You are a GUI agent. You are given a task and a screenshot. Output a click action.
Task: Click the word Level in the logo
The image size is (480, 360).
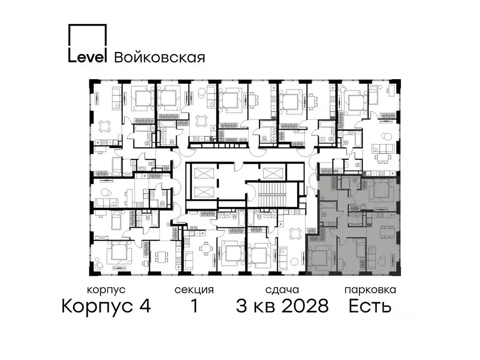click(89, 56)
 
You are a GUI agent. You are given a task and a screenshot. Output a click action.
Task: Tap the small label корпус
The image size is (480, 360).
click(106, 290)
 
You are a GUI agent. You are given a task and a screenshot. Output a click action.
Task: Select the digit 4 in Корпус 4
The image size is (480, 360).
click(144, 307)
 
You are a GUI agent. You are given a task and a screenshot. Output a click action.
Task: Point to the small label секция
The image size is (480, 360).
click(194, 290)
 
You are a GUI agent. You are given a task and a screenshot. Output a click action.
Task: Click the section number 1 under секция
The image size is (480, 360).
click(193, 307)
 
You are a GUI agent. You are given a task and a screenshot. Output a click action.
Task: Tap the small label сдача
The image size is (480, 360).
click(281, 290)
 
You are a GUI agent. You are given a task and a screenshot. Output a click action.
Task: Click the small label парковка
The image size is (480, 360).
click(370, 290)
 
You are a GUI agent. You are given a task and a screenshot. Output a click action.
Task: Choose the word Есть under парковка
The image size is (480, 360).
click(370, 307)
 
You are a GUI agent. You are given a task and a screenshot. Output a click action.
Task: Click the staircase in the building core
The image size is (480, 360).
click(272, 193)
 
